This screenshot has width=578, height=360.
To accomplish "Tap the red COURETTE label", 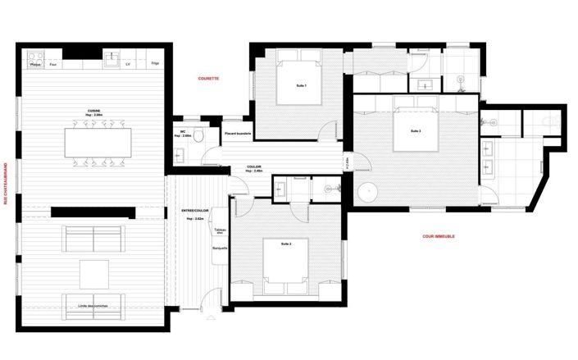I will click(x=208, y=79).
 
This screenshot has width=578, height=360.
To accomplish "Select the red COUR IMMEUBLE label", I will click(x=438, y=236).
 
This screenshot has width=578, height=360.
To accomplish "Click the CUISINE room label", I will click(x=95, y=111).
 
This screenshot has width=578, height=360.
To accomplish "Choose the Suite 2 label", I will click(x=286, y=244).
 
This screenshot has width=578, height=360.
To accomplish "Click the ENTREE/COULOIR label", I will click(x=194, y=211).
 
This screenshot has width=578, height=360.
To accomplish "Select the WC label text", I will click(x=182, y=131).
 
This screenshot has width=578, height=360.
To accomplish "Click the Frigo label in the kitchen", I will click(x=155, y=63).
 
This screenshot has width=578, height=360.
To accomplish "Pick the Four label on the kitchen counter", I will click(x=53, y=63).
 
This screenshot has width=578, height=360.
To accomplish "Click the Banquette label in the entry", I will click(x=220, y=248).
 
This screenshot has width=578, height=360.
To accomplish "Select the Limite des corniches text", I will click(x=93, y=306).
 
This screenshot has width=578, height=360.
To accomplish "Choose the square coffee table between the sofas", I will click(x=93, y=273).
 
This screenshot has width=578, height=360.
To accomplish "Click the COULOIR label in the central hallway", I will click(x=254, y=166).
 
